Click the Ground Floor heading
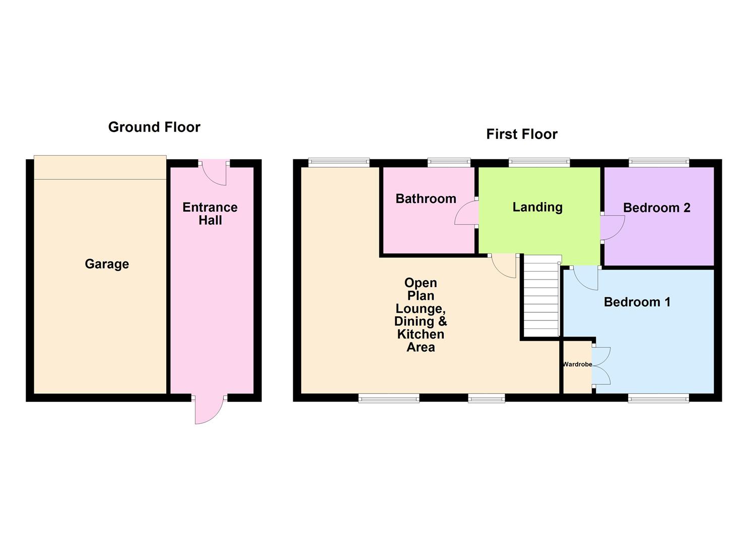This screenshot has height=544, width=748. point(154,127)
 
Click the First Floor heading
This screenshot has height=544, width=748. point(521,134)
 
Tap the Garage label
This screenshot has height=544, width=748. point(107,264)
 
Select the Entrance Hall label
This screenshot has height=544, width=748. point(210,214)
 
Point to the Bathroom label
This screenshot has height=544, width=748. point(426,198)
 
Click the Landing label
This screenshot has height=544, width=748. point(537,207)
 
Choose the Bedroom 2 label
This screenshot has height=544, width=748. point(656,208)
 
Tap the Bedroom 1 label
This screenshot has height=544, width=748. point(637,302)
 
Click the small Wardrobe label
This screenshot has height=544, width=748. point(577,364)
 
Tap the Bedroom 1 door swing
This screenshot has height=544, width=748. point(585,278)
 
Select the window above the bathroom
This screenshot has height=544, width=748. point(449,162)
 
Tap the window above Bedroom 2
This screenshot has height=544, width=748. point(658,162)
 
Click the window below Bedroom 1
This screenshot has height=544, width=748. point(658,399)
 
